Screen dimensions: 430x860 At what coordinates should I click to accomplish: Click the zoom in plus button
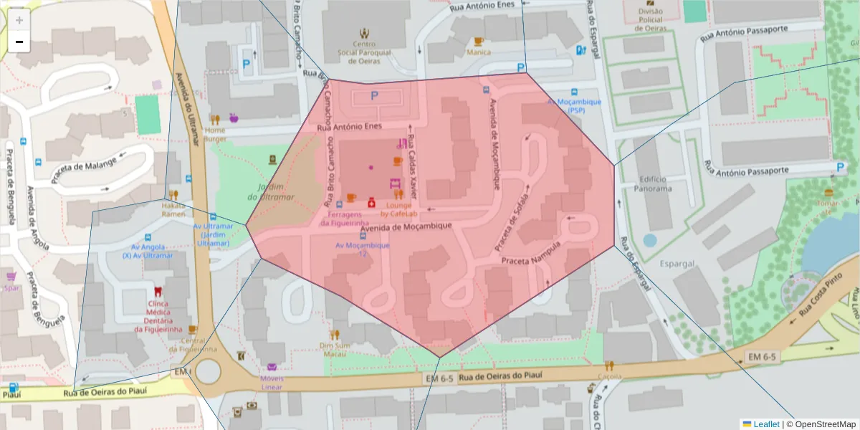coord(19,20)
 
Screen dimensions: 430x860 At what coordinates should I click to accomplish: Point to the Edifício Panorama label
coord(653,183)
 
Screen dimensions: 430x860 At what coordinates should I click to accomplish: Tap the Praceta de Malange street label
coord(85,169)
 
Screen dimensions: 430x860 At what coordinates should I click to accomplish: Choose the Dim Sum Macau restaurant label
coord(334,349)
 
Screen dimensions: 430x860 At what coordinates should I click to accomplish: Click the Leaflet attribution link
coord(765,424)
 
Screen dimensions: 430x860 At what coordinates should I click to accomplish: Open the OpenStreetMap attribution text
coord(821,424)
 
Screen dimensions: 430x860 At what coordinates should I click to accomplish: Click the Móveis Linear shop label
coord(272,383)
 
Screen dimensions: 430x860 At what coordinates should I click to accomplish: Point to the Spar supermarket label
coord(11,288)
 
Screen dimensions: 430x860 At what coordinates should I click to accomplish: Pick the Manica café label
coord(478,52)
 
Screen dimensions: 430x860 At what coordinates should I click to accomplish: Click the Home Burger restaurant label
coord(215,135)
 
